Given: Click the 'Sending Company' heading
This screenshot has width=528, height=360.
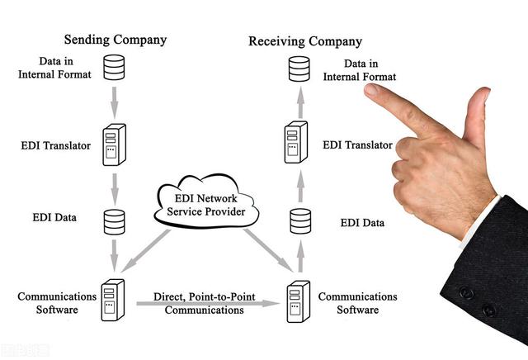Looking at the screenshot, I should pos(115,40).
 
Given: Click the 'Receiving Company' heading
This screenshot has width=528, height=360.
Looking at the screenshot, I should pos(305,41).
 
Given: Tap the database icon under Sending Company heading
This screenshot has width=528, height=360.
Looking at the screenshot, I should pos(114,68).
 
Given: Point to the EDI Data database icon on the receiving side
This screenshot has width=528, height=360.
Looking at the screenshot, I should pos(300,220).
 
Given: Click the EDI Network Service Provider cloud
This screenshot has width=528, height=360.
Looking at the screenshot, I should pos(206,204).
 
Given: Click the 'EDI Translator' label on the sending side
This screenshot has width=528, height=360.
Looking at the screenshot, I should pos(55,146).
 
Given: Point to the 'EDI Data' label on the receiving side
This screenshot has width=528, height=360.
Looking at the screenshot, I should pos(362,223).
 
